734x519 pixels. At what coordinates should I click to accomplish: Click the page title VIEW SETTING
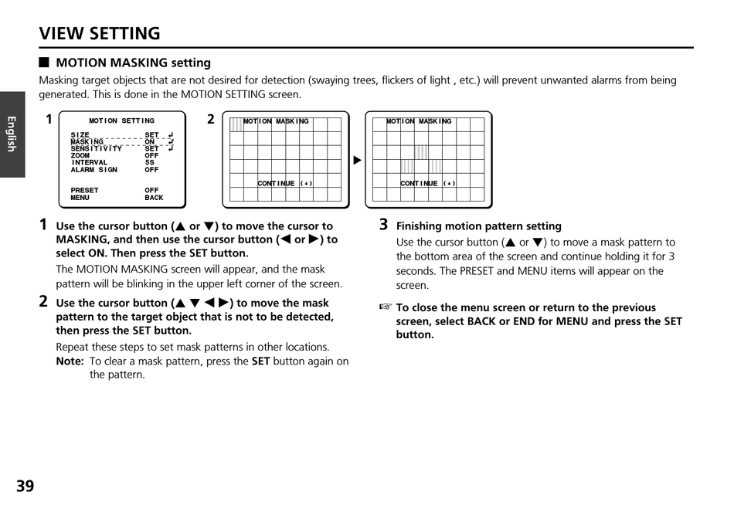click(x=100, y=33)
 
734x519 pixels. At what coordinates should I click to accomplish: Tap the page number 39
click(x=25, y=486)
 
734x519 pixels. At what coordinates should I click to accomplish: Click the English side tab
click(x=12, y=134)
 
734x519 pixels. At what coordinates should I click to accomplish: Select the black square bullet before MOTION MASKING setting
click(x=45, y=63)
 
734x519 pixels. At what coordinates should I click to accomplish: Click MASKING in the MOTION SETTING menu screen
click(x=87, y=142)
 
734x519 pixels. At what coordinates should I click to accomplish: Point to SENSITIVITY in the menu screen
click(x=97, y=148)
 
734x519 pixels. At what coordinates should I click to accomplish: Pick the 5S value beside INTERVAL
click(x=149, y=163)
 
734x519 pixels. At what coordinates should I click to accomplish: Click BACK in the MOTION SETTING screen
click(x=154, y=198)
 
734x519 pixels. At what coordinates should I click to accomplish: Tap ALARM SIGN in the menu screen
click(x=94, y=170)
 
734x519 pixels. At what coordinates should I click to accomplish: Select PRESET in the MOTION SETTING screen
click(x=85, y=190)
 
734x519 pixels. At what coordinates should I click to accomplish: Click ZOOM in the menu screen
click(x=80, y=155)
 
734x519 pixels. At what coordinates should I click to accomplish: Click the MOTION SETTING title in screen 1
click(x=121, y=121)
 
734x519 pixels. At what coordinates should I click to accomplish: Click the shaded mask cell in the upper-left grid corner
click(x=236, y=124)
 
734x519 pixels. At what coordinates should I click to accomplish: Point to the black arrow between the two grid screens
click(x=357, y=161)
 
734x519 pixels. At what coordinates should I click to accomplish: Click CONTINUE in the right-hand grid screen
click(x=419, y=184)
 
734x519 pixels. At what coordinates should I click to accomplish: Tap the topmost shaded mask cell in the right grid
click(x=421, y=152)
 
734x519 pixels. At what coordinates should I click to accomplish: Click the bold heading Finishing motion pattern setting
click(x=478, y=226)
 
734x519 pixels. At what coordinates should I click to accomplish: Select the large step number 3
click(x=383, y=225)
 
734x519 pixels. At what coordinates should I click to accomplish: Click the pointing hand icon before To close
click(x=386, y=307)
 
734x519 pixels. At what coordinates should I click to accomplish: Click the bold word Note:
click(x=70, y=361)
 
